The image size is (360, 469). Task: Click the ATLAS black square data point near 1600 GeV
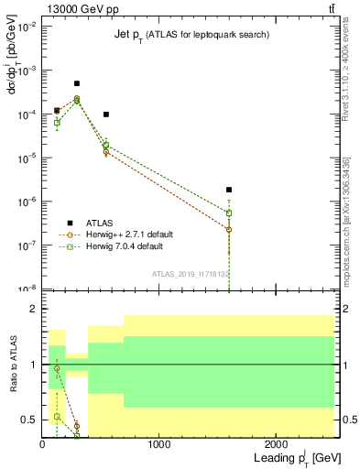(x=229, y=190)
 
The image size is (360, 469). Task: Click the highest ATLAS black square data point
(x=77, y=83)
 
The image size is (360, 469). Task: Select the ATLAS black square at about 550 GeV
(x=106, y=115)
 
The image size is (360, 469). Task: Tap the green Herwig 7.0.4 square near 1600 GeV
(x=229, y=213)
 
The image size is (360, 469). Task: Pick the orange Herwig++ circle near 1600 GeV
(x=229, y=229)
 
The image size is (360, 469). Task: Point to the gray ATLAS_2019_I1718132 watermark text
(x=190, y=273)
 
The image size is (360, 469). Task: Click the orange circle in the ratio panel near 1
(x=57, y=368)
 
